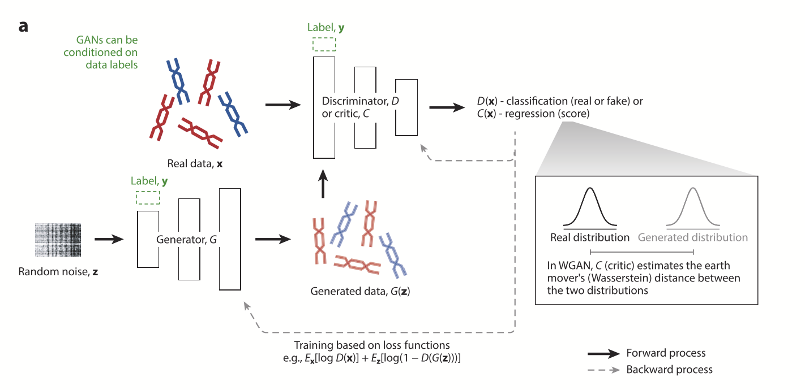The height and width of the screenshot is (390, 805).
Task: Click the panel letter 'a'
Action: (23, 27)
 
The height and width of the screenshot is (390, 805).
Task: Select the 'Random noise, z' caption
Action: (58, 272)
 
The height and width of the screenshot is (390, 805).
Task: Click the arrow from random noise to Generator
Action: (108, 240)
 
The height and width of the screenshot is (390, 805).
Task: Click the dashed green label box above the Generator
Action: (148, 197)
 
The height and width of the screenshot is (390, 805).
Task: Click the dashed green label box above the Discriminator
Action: (324, 44)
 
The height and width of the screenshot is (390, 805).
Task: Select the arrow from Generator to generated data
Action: (273, 240)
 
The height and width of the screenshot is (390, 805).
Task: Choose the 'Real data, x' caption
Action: (195, 164)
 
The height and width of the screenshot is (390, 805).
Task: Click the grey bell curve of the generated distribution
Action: (692, 207)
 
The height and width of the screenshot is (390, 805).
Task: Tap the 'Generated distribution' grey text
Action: (692, 237)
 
